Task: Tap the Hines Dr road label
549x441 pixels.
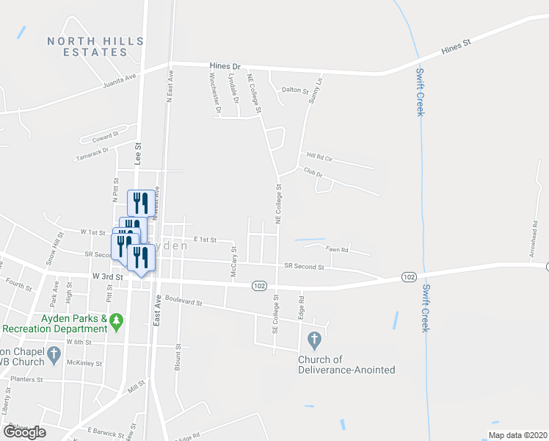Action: [225, 65]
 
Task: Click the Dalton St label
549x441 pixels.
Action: [294, 90]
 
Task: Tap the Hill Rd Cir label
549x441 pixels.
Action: [319, 157]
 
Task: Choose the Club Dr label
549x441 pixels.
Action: [313, 172]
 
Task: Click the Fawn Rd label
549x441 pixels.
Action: [337, 250]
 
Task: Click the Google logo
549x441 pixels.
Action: [24, 431]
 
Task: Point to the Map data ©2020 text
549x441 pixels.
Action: [517, 435]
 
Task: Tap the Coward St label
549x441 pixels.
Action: [106, 137]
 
